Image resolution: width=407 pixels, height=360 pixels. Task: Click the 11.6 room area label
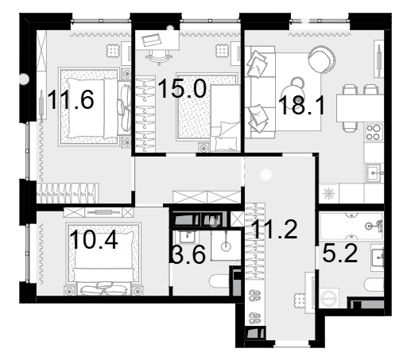(x=71, y=99)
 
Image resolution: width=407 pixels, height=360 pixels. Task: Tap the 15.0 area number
(x=182, y=89)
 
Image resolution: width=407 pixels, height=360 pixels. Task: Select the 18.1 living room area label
(x=301, y=105)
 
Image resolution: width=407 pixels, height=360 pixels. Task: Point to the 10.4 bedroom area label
(x=95, y=240)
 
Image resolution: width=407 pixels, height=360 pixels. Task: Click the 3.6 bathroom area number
(x=188, y=254)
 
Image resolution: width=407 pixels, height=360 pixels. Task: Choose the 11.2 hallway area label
(x=275, y=229)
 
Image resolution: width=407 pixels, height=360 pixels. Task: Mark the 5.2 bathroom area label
(x=340, y=254)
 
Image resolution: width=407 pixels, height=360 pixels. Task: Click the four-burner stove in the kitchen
(x=374, y=132)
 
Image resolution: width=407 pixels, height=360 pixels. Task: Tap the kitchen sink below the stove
(x=374, y=173)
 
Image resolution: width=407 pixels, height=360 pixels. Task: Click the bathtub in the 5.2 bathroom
(x=351, y=226)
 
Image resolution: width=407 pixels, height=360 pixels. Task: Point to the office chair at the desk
(x=158, y=57)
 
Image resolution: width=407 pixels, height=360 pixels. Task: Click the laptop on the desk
(x=152, y=41)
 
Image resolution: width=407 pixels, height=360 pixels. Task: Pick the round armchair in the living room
(x=322, y=60)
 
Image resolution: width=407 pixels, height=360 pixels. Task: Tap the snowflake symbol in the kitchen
(x=329, y=194)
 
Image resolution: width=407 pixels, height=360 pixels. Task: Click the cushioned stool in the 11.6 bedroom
(x=114, y=50)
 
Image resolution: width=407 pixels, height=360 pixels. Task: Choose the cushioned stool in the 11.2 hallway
(x=300, y=300)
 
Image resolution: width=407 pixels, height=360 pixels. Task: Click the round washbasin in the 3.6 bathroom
(x=226, y=246)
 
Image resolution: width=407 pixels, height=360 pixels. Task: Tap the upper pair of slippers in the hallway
(x=255, y=296)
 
